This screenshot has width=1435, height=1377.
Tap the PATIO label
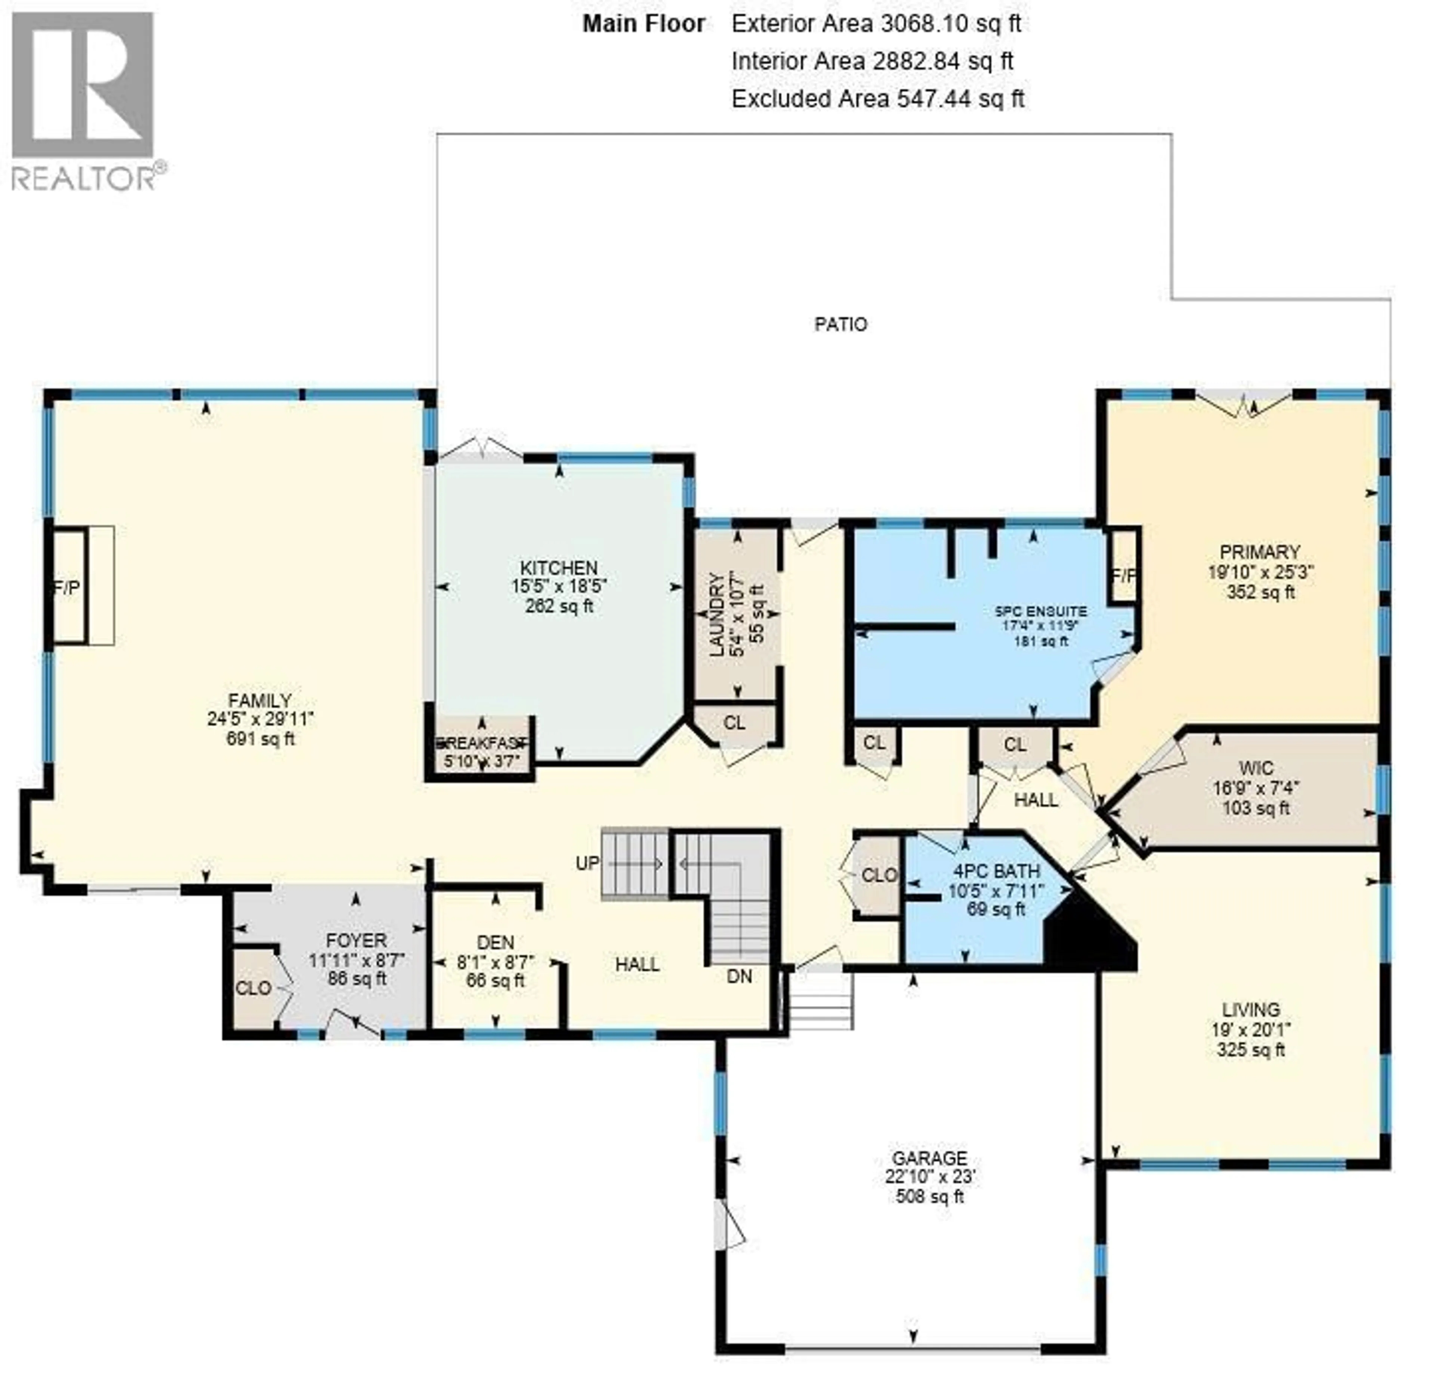point(840,324)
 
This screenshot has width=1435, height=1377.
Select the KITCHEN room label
point(559,567)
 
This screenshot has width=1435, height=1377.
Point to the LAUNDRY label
point(717,615)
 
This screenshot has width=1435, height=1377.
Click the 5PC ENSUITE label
point(1040,611)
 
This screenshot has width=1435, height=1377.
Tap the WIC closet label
point(1256,768)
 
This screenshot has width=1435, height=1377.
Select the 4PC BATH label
point(996,871)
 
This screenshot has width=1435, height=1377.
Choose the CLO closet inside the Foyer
point(253,988)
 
